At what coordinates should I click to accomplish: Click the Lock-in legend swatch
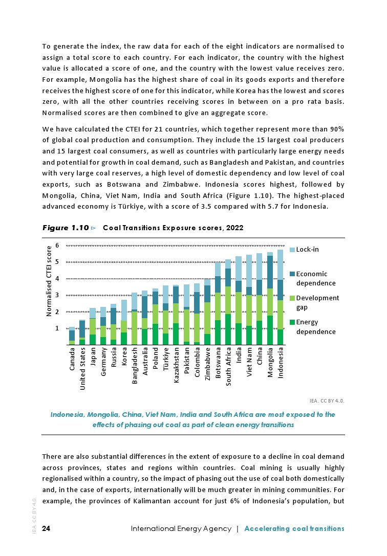(x=293, y=250)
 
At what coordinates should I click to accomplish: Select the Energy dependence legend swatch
(x=293, y=322)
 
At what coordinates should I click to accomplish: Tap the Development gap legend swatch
(x=293, y=298)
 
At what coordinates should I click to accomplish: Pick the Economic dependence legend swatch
(x=293, y=274)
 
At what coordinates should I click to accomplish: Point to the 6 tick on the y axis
(x=57, y=246)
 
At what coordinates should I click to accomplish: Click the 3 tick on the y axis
(x=57, y=295)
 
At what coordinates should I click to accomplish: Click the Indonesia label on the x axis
(x=281, y=363)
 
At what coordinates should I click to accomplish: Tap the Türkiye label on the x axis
(x=165, y=360)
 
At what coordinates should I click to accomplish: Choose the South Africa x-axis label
(x=228, y=367)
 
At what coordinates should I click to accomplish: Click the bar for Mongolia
(x=270, y=297)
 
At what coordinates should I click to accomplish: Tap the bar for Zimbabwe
(x=207, y=312)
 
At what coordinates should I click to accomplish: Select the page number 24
(x=46, y=528)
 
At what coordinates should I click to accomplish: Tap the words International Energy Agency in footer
(x=181, y=528)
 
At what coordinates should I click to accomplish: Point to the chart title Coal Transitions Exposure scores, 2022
(x=173, y=228)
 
